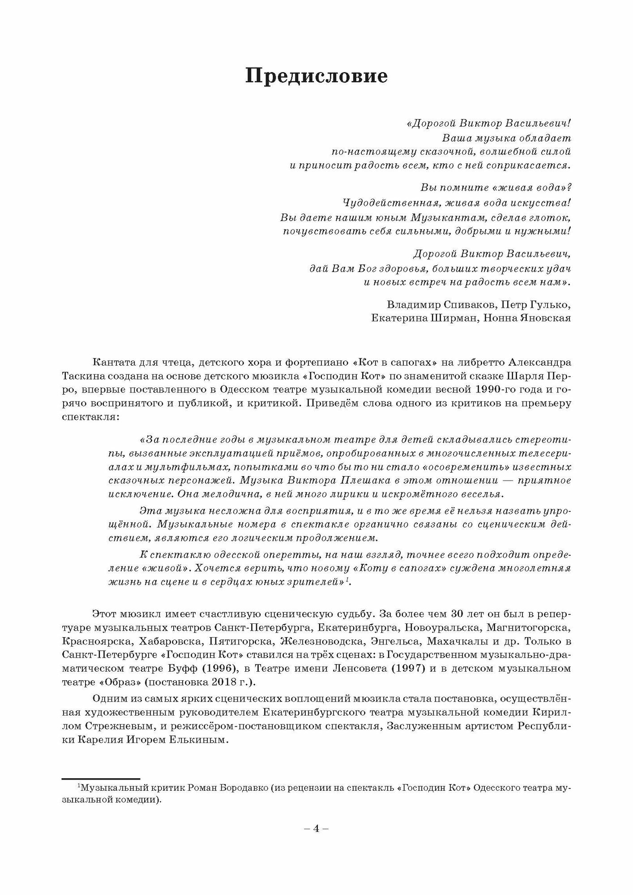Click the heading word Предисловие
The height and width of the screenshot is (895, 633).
tap(316, 77)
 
